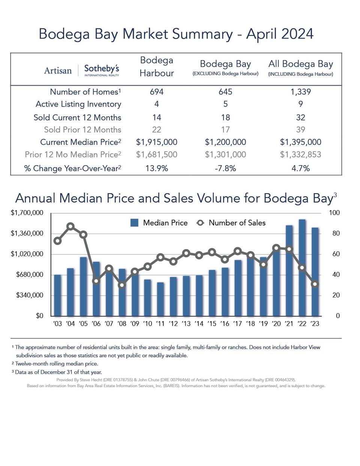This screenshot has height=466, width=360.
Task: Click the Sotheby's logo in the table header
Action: pos(101,70)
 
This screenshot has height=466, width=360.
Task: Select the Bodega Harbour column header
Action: pos(157,67)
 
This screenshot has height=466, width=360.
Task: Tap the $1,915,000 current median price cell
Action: pos(157,142)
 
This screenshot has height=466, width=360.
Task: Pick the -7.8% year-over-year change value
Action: pos(225,168)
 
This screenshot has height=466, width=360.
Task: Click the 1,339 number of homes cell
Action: pos(301,92)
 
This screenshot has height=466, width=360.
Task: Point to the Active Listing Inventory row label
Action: pos(78,104)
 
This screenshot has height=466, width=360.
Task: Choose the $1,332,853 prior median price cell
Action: pos(301,155)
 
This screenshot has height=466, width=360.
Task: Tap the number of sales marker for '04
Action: pos(70,226)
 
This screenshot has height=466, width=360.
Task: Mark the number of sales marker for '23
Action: pos(315,284)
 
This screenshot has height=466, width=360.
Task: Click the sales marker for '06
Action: pos(96,281)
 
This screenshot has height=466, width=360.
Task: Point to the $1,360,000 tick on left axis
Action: pos(27,233)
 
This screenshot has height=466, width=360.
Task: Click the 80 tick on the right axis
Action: pos(334,233)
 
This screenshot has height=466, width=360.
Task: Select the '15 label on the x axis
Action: pos(212,323)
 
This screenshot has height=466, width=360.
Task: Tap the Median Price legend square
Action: pos(134,223)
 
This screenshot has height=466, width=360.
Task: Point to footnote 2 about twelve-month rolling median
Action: pos(56,364)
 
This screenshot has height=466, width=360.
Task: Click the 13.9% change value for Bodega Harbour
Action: pos(157,168)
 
